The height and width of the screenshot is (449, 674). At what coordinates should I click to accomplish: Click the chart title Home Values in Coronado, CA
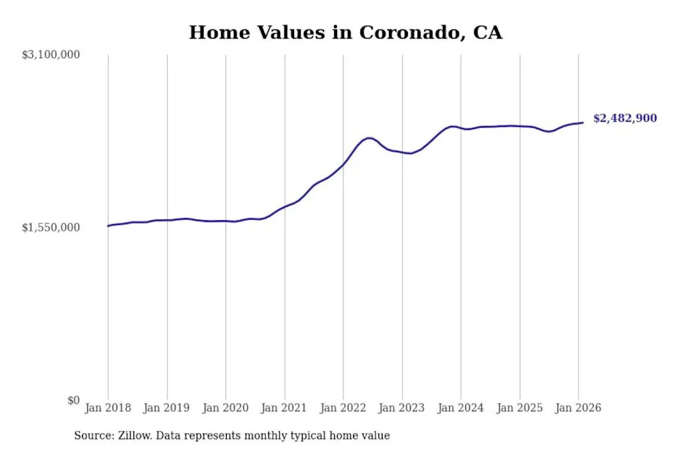pyautogui.click(x=345, y=32)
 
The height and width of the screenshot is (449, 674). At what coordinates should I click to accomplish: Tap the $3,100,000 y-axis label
pyautogui.click(x=51, y=55)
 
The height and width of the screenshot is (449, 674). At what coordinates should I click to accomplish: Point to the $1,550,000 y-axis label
pyautogui.click(x=51, y=227)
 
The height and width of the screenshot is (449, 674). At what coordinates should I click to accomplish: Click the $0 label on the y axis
pyautogui.click(x=73, y=401)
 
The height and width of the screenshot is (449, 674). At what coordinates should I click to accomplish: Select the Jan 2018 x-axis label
pyautogui.click(x=108, y=408)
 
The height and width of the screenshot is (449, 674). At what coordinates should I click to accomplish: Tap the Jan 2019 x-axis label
pyautogui.click(x=167, y=408)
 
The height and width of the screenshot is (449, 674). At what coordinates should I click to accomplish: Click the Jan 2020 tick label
pyautogui.click(x=225, y=408)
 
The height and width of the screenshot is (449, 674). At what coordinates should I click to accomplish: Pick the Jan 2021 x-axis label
pyautogui.click(x=284, y=408)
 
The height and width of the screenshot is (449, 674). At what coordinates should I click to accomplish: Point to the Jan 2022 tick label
pyautogui.click(x=343, y=408)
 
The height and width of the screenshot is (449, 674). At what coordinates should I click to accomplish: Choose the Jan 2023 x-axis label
pyautogui.click(x=402, y=408)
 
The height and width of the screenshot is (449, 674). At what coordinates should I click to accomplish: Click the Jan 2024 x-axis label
pyautogui.click(x=461, y=408)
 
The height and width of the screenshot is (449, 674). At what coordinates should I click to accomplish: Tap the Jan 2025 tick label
pyautogui.click(x=520, y=408)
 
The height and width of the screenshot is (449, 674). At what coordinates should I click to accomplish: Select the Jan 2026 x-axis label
pyautogui.click(x=578, y=408)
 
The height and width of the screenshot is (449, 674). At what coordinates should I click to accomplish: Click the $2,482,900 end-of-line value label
pyautogui.click(x=625, y=119)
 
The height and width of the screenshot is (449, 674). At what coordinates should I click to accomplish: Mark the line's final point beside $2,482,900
pyautogui.click(x=583, y=123)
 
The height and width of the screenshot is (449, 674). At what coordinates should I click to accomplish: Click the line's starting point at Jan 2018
pyautogui.click(x=108, y=226)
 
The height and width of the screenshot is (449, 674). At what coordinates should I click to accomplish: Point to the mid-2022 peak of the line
pyautogui.click(x=369, y=138)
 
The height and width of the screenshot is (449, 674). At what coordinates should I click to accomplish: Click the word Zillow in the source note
pyautogui.click(x=136, y=436)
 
